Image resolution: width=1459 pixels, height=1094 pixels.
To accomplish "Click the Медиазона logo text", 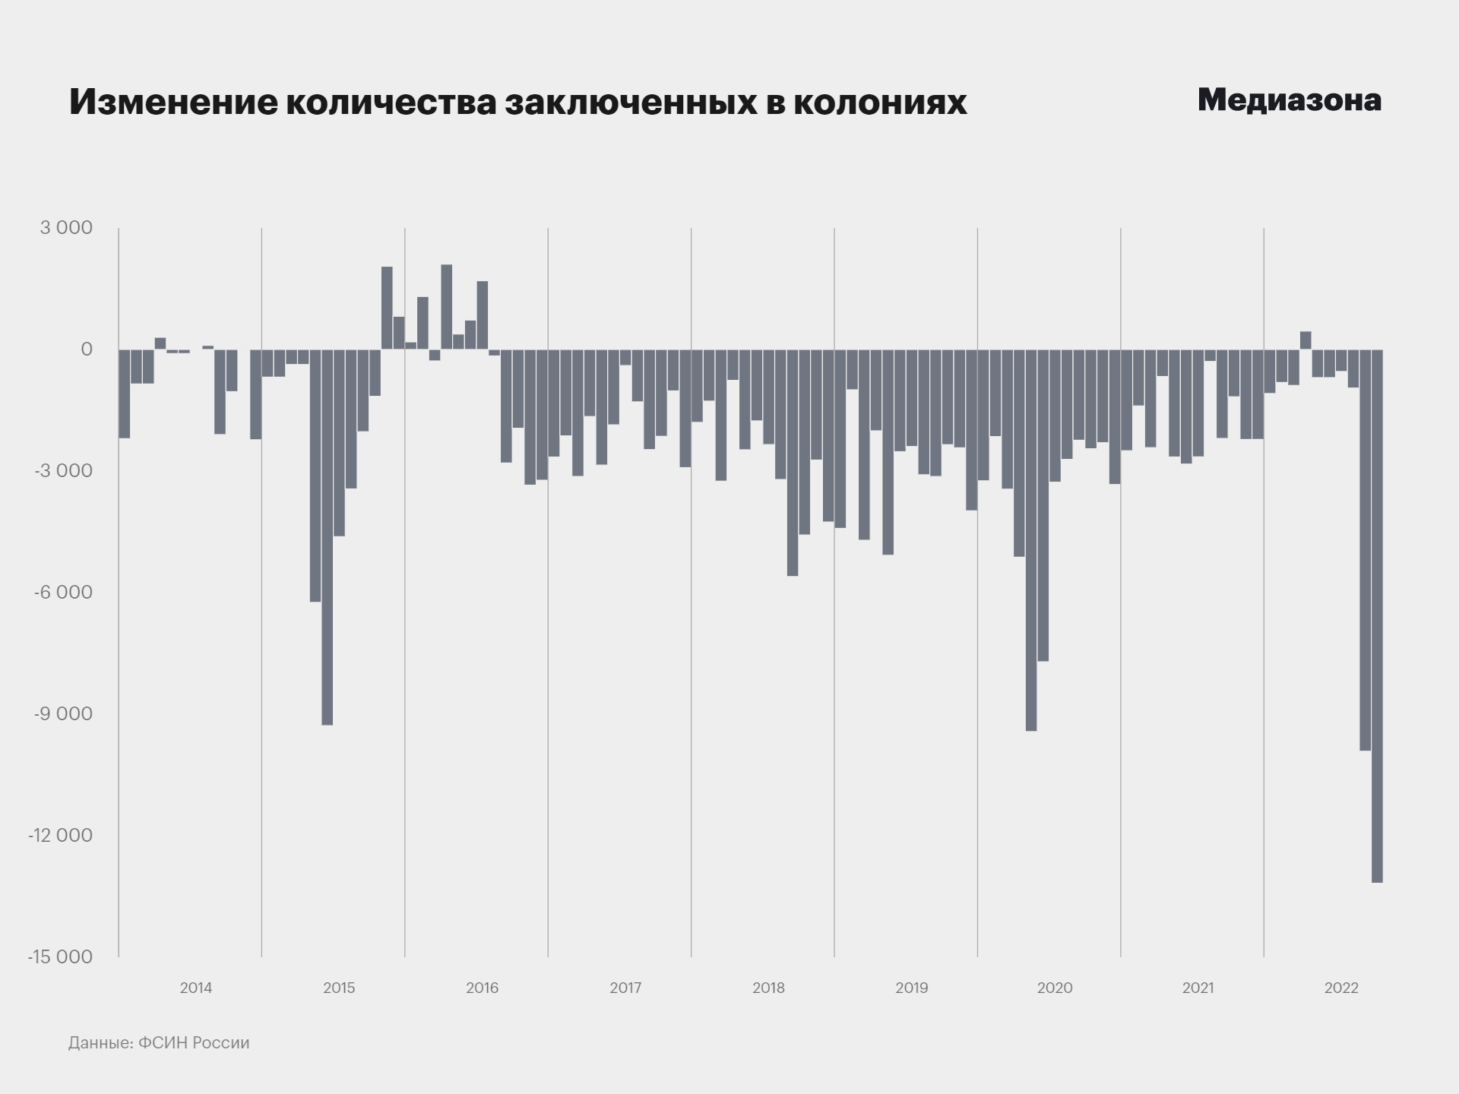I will (x=1289, y=100).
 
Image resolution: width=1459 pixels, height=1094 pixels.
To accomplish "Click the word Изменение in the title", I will (x=174, y=102).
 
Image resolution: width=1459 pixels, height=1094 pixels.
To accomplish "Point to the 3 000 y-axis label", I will (x=66, y=228).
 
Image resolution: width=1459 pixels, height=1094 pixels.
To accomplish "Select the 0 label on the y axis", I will (x=87, y=349).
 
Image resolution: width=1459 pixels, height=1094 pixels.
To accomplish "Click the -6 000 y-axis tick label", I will (x=64, y=593).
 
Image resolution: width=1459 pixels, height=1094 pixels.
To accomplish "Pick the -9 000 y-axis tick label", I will (x=64, y=714).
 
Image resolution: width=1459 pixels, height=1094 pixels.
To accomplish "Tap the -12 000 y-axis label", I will (x=60, y=836).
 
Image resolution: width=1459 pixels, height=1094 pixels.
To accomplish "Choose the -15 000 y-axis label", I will (x=60, y=957).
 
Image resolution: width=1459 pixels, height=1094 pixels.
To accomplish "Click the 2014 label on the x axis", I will (x=196, y=988).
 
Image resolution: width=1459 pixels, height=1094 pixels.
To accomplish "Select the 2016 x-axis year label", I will (x=482, y=988).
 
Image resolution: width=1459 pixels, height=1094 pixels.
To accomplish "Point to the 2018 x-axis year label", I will (x=768, y=988).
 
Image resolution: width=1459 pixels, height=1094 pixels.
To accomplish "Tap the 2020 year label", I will (x=1055, y=988).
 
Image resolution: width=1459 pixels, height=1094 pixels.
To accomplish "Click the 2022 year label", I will (x=1341, y=988).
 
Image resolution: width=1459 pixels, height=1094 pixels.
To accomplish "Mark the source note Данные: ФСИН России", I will (x=159, y=1043).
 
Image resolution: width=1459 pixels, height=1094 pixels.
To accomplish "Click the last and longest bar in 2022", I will (x=1377, y=615).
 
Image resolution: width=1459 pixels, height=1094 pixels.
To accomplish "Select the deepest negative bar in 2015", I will (x=327, y=536).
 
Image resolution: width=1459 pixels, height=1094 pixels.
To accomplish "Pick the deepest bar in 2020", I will (x=1031, y=539).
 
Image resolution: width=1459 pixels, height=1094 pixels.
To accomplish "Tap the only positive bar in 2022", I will (x=1306, y=340).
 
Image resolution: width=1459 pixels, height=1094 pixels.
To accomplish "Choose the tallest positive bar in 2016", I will (x=446, y=307).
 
